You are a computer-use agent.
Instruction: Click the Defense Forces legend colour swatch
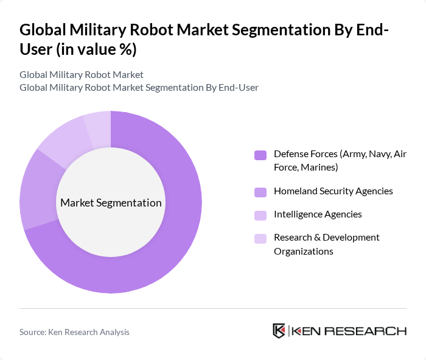point(260,155)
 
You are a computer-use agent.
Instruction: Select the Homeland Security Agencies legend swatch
point(260,192)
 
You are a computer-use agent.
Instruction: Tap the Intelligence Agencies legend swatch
point(260,215)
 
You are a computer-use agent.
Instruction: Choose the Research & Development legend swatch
point(260,238)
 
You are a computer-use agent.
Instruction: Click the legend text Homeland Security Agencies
point(333,191)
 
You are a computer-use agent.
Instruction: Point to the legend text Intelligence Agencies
point(318,214)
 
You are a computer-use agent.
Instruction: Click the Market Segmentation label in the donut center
point(111,203)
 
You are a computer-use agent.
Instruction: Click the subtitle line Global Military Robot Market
point(82,74)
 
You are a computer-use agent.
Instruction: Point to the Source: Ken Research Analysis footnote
point(74,332)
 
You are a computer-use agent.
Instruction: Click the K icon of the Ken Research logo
point(279,331)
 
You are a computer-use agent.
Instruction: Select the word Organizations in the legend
point(303,251)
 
